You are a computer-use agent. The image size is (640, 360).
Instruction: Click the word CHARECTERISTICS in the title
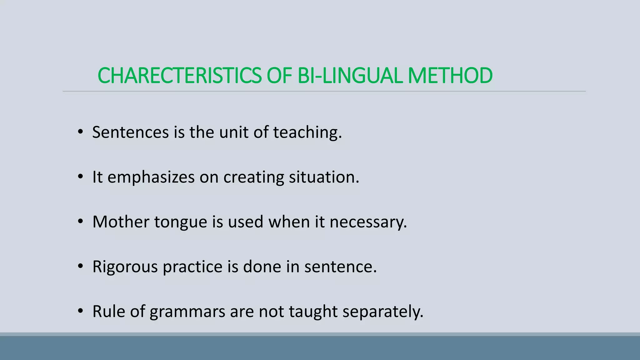(179, 76)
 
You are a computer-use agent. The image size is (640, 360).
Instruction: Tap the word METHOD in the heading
(450, 76)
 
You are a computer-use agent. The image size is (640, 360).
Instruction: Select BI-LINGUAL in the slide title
(350, 76)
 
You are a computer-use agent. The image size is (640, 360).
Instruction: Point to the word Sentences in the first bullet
(130, 132)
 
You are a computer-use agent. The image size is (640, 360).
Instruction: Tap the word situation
(324, 177)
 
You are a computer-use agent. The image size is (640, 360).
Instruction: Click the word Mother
(121, 222)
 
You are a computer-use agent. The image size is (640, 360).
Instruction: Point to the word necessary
(368, 222)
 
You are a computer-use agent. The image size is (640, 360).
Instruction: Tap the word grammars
(187, 312)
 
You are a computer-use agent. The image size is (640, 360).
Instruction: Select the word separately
(383, 312)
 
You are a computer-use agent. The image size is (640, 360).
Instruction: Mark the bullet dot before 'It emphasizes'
(81, 177)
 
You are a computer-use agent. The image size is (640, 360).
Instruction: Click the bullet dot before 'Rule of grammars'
(81, 311)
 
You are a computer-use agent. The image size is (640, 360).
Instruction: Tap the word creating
(253, 177)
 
